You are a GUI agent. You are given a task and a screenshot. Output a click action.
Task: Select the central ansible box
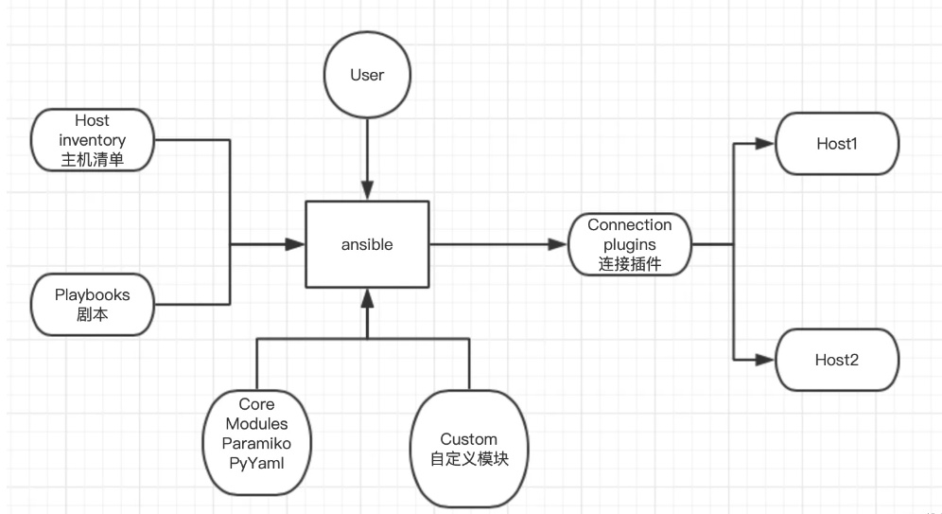367,244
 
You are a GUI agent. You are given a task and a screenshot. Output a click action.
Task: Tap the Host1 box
837,145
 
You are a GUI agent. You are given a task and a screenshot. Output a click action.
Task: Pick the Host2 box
837,361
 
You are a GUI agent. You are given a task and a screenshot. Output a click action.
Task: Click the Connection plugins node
629,244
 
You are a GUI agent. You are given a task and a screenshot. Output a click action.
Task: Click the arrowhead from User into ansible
367,192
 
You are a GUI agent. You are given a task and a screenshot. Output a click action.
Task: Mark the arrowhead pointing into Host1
767,145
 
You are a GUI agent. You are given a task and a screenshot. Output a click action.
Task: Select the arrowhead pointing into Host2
767,361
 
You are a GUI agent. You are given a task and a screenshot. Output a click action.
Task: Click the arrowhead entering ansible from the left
296,244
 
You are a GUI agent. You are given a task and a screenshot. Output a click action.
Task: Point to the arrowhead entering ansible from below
367,300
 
